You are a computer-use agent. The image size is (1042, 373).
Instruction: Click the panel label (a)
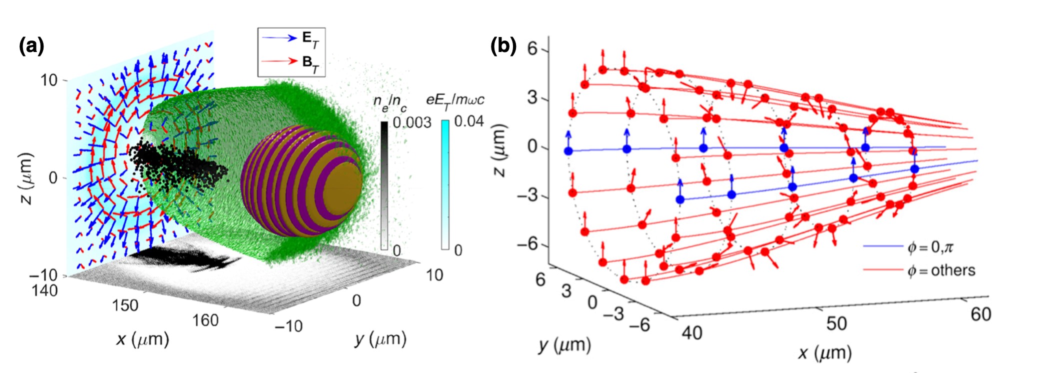31,46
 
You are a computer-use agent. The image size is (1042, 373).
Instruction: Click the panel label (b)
503,46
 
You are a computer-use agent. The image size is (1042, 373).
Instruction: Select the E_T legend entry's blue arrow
279,38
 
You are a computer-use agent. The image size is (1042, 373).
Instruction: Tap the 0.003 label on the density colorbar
411,122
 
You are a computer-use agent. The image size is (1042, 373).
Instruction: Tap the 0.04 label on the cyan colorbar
468,121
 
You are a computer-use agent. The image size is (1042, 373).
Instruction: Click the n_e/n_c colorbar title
390,103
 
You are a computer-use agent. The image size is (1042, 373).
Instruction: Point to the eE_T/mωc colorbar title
455,99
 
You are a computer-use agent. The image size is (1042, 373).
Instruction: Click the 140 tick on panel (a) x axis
44,290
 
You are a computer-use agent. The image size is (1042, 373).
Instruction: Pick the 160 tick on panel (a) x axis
205,320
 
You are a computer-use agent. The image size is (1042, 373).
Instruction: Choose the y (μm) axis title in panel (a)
380,339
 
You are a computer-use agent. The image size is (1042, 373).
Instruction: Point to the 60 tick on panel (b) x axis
980,314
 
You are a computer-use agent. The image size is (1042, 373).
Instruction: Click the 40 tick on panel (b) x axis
692,332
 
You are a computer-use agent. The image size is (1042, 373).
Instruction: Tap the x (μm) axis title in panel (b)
824,353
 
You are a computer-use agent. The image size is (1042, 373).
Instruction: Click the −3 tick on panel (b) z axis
530,195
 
